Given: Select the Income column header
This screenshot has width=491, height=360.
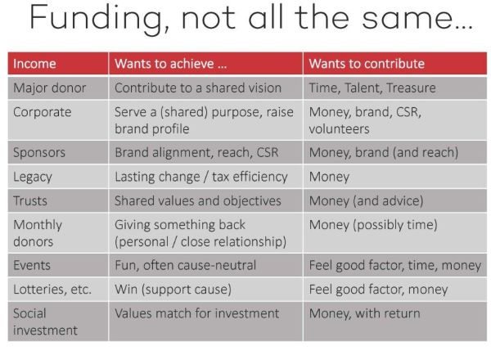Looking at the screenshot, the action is click(34, 64).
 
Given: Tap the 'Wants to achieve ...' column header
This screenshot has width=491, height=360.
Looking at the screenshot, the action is click(171, 64).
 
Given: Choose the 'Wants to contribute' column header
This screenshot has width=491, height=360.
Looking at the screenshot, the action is click(367, 64).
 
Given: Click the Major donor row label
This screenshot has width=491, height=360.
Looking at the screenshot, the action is click(49, 88).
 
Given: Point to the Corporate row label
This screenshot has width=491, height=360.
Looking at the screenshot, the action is click(43, 112).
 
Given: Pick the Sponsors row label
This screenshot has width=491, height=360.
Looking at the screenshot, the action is click(39, 152).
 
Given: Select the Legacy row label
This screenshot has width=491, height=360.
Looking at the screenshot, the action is click(33, 177).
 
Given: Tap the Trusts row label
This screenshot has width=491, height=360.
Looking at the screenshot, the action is click(30, 200).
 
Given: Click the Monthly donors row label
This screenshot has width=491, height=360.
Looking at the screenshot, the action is click(38, 233).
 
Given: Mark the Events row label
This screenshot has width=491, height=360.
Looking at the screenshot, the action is click(32, 265).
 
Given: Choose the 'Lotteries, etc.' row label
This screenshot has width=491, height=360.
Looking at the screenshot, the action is click(52, 290).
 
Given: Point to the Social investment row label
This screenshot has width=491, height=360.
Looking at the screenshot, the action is click(45, 322).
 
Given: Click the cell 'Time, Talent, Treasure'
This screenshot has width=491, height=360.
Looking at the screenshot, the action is click(372, 88).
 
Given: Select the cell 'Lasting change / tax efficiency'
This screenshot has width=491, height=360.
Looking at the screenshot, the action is click(201, 177).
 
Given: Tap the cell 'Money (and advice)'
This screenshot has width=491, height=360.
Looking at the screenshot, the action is click(366, 201).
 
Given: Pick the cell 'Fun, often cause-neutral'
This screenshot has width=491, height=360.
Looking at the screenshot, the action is click(186, 265).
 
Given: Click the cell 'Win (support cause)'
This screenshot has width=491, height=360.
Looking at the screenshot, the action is click(173, 290).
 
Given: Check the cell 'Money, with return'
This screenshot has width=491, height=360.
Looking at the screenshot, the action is click(364, 313).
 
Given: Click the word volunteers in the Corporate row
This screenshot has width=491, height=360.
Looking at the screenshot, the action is click(339, 129).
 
